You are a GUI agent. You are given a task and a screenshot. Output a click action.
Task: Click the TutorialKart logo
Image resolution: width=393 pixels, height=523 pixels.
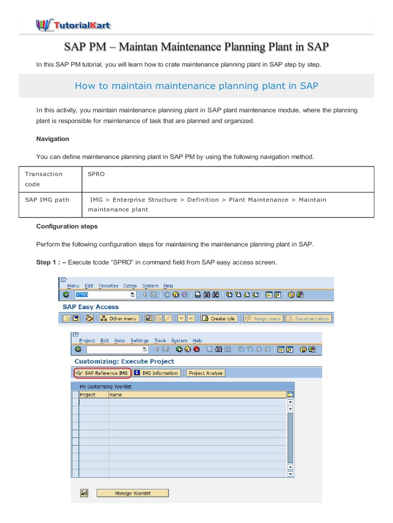73,25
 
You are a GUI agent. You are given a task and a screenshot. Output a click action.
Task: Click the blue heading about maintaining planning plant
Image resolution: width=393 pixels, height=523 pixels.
196,86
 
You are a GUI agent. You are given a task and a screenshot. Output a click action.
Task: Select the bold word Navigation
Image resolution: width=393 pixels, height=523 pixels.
53,139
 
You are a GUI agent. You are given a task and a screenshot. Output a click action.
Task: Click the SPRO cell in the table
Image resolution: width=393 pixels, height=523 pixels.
96,174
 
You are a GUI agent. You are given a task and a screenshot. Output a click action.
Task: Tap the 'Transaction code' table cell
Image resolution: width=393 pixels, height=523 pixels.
44,179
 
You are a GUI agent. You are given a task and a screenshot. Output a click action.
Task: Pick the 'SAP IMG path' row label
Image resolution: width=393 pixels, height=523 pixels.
47,200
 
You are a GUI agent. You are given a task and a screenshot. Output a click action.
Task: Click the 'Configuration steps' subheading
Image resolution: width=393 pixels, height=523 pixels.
67,226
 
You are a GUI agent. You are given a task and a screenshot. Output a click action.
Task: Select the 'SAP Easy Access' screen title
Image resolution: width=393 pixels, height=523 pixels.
91,307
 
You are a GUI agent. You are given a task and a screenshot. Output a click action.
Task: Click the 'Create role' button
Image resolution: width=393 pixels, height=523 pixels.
219,318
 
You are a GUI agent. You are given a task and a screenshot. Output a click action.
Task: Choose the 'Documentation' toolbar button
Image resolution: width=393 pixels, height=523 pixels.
308,318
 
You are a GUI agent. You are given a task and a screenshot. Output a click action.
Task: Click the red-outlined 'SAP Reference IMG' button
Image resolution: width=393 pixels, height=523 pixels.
102,373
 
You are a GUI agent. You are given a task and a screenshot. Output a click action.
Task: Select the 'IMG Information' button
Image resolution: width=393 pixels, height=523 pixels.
156,373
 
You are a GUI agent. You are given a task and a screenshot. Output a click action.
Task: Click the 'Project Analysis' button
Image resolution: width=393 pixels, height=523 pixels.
205,373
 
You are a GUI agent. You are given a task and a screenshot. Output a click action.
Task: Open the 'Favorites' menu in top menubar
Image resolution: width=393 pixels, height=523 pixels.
108,286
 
